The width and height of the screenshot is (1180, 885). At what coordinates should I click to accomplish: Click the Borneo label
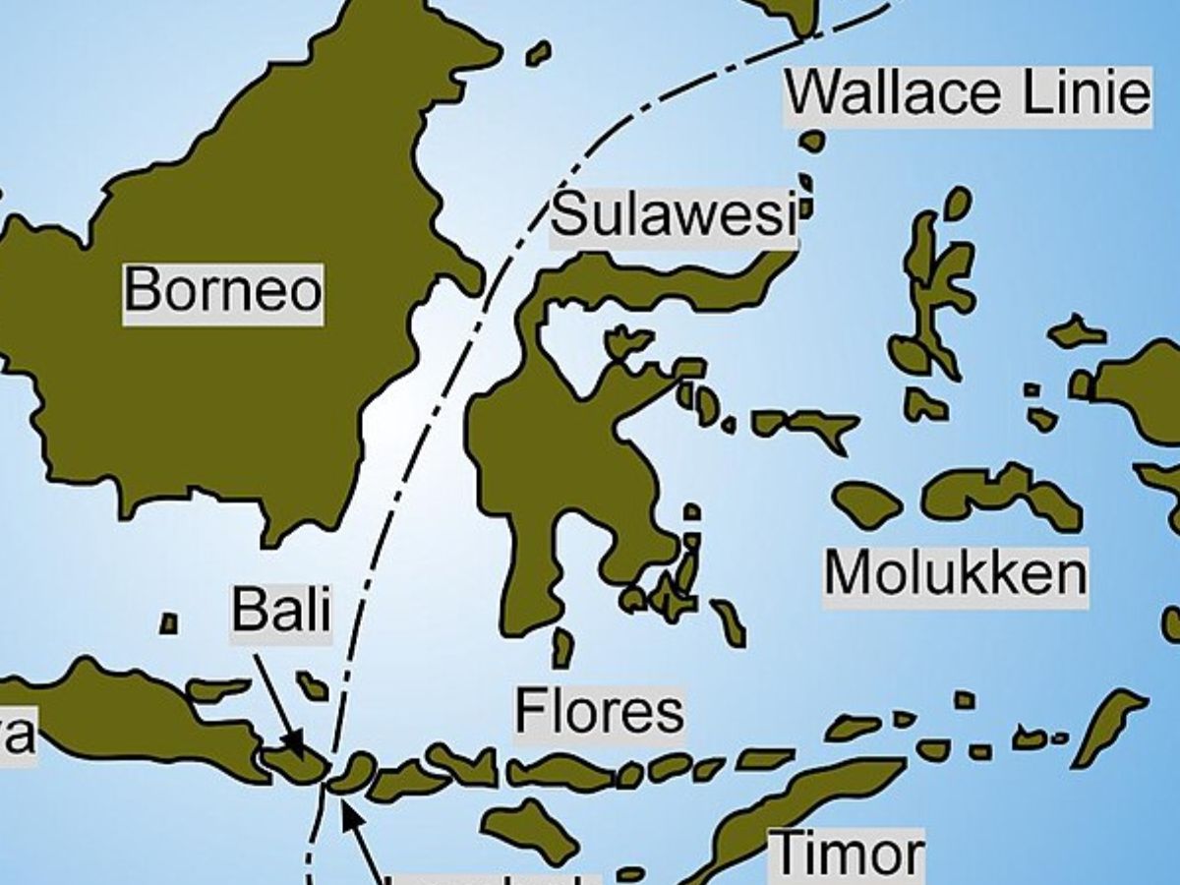(223, 292)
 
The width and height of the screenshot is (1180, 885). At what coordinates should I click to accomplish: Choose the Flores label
(599, 712)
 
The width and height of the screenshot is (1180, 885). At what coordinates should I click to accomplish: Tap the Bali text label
(280, 611)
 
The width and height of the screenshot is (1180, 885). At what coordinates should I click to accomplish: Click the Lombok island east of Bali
(351, 773)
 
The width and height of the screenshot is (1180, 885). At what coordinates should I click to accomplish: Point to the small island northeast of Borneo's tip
(538, 53)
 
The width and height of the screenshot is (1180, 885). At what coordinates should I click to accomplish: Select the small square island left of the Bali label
(169, 623)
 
